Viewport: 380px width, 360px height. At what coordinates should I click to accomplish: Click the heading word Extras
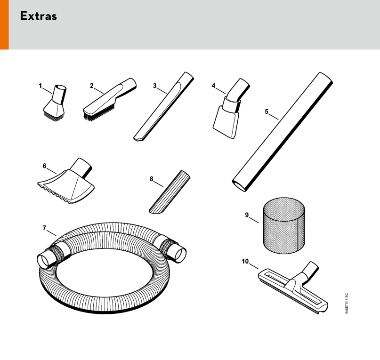[39, 16]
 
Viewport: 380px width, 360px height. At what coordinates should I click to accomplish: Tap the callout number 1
[40, 86]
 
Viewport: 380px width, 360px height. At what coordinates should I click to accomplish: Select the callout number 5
[267, 112]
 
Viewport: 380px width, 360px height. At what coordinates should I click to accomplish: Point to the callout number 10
[245, 261]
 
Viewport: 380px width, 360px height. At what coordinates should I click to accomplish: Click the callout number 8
[152, 179]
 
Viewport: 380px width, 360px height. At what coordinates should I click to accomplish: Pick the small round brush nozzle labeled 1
[55, 103]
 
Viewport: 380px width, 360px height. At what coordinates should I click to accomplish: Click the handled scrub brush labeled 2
[110, 99]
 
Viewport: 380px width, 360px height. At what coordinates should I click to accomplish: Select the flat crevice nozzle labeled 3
[163, 107]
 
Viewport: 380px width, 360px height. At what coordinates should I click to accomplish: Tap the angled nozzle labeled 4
[230, 109]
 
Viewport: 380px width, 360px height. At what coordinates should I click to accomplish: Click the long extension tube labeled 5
[283, 132]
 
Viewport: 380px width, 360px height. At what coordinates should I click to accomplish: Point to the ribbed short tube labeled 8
[170, 192]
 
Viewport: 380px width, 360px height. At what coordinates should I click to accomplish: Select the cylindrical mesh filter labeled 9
[284, 225]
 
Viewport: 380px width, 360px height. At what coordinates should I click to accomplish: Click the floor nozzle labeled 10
[293, 288]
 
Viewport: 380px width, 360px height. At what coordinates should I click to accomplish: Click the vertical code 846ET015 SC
[347, 304]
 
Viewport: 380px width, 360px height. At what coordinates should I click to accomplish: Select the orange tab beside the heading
[4, 25]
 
